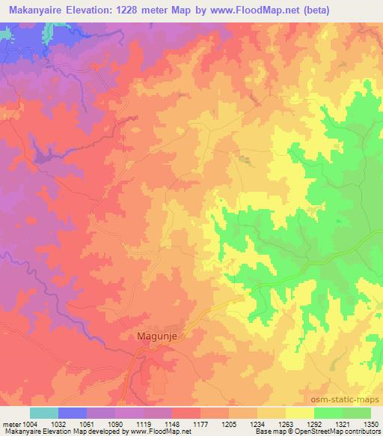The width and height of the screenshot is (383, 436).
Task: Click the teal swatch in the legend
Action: tap(44, 413)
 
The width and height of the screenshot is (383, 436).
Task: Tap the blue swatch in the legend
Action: tap(73, 413)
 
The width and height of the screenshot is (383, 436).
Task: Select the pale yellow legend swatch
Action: tap(299, 413)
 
